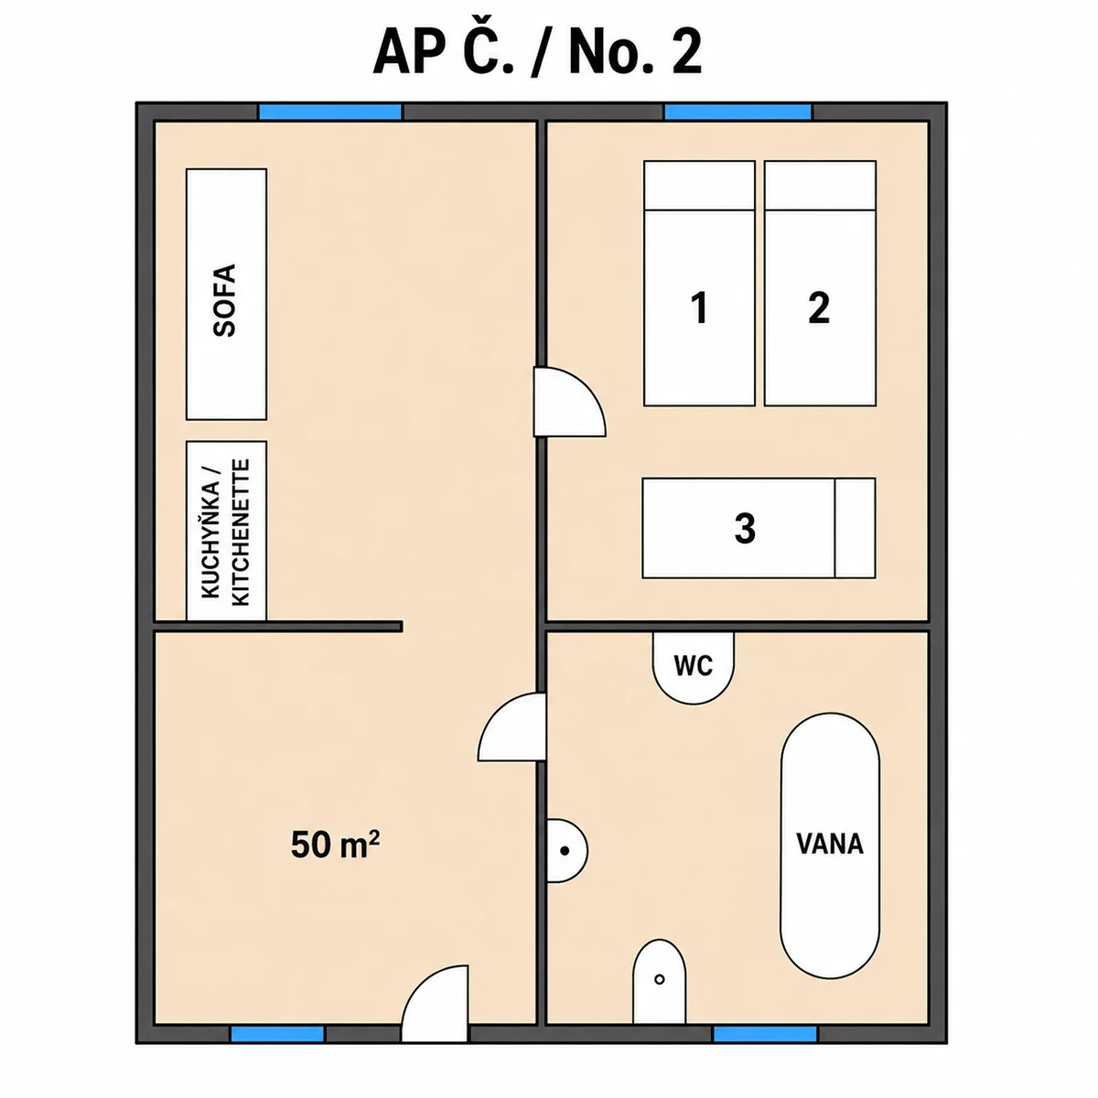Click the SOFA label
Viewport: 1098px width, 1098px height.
tap(224, 300)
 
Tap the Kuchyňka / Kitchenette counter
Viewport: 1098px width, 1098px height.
tap(226, 531)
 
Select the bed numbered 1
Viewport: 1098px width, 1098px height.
tap(699, 283)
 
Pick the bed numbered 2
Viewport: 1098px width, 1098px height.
tap(820, 283)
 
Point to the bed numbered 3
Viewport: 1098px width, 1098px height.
tap(759, 528)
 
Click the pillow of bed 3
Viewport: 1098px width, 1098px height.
tap(856, 528)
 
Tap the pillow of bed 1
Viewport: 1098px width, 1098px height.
tap(699, 185)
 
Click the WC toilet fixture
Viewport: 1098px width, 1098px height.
tap(693, 667)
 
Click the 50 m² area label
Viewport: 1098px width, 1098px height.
tap(335, 845)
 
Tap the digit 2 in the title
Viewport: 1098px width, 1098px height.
tap(686, 54)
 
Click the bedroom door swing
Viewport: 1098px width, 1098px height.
tap(568, 403)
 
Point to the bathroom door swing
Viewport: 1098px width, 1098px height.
tap(511, 727)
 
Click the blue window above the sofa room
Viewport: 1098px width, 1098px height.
tap(330, 112)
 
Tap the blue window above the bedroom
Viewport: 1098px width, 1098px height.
tap(737, 112)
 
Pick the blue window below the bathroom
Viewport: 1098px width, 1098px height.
tap(765, 1034)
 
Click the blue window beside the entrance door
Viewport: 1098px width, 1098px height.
tap(277, 1034)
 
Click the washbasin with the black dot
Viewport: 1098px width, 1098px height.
tap(566, 851)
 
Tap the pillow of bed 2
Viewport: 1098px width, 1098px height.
tap(820, 185)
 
